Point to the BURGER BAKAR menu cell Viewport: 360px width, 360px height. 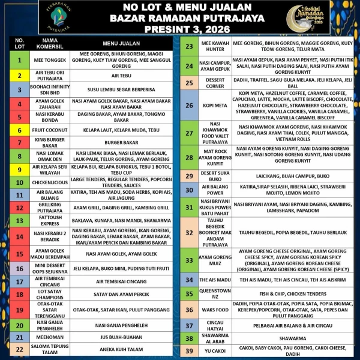(x=118, y=142)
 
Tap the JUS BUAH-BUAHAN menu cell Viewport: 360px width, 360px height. (x=118, y=337)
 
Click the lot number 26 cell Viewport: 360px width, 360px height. (x=189, y=105)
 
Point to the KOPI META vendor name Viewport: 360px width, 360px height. (x=216, y=105)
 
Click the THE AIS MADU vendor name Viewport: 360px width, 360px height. (x=216, y=280)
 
